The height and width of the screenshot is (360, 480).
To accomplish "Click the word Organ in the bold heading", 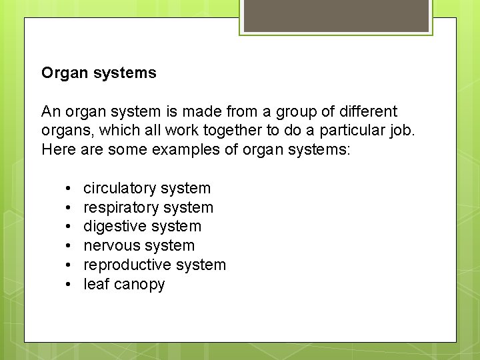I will pos(62,73).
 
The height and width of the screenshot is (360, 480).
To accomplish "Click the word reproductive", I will pos(125,265).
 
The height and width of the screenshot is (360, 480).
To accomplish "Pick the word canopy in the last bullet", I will pos(139,285).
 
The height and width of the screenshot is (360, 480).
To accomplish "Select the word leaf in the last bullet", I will pos(96,284).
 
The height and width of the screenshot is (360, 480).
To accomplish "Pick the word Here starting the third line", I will pos(58,149).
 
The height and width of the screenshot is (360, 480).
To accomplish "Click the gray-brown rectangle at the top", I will pos(336,15).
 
